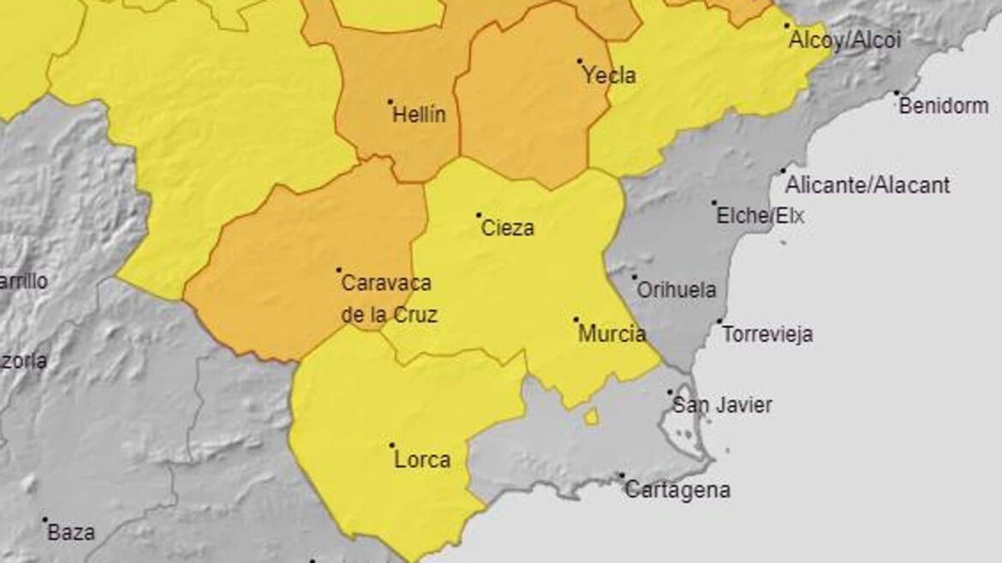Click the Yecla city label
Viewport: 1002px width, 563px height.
[x=609, y=76]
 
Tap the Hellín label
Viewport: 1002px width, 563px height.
[x=419, y=116]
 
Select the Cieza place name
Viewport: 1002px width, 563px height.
[x=508, y=228]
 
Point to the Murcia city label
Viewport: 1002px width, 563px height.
[x=612, y=334]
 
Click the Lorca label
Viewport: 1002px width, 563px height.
[x=422, y=460]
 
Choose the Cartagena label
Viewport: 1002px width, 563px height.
[x=677, y=491]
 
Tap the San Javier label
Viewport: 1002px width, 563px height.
[x=722, y=406]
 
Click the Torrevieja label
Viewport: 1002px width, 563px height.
[x=767, y=335]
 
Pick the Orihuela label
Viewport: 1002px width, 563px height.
[x=677, y=291]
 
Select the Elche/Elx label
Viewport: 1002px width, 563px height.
[x=760, y=216]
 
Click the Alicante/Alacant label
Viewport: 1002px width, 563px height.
[x=868, y=185]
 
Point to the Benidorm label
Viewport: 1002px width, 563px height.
[x=943, y=107]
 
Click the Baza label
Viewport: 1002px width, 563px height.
[x=71, y=532]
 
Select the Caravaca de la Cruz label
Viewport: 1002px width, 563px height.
[x=388, y=299]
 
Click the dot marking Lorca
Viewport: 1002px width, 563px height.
[x=392, y=445]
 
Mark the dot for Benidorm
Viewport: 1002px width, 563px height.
[x=898, y=93]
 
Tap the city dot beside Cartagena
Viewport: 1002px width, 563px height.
[x=622, y=476]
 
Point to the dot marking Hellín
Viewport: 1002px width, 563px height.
[x=391, y=101]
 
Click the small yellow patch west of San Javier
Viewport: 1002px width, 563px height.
[x=591, y=418]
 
